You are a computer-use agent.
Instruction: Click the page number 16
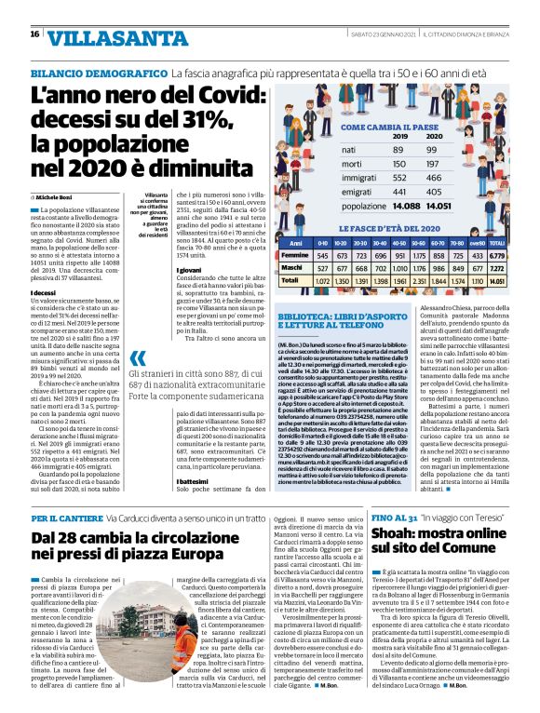(x=34, y=34)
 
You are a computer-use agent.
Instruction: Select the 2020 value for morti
(x=434, y=165)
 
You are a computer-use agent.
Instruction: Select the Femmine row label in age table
(x=295, y=255)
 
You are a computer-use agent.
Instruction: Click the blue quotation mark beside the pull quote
(x=137, y=358)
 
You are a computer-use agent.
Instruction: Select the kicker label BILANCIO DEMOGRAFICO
(x=97, y=72)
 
